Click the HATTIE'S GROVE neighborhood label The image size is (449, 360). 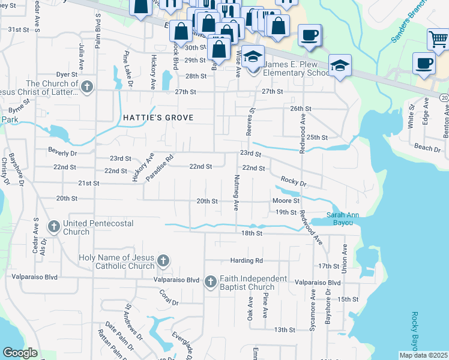click(158, 118)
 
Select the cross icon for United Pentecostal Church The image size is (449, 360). click(54, 227)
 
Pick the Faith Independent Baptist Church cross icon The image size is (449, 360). click(210, 281)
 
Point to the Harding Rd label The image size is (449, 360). click(247, 261)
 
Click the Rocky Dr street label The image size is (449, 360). click(294, 181)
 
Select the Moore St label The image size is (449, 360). click(286, 200)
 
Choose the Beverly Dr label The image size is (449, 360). click(65, 153)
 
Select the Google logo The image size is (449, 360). click(20, 353)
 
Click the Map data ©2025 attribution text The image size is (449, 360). click(423, 355)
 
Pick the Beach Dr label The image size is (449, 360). click(427, 147)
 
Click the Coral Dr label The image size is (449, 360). click(169, 299)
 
